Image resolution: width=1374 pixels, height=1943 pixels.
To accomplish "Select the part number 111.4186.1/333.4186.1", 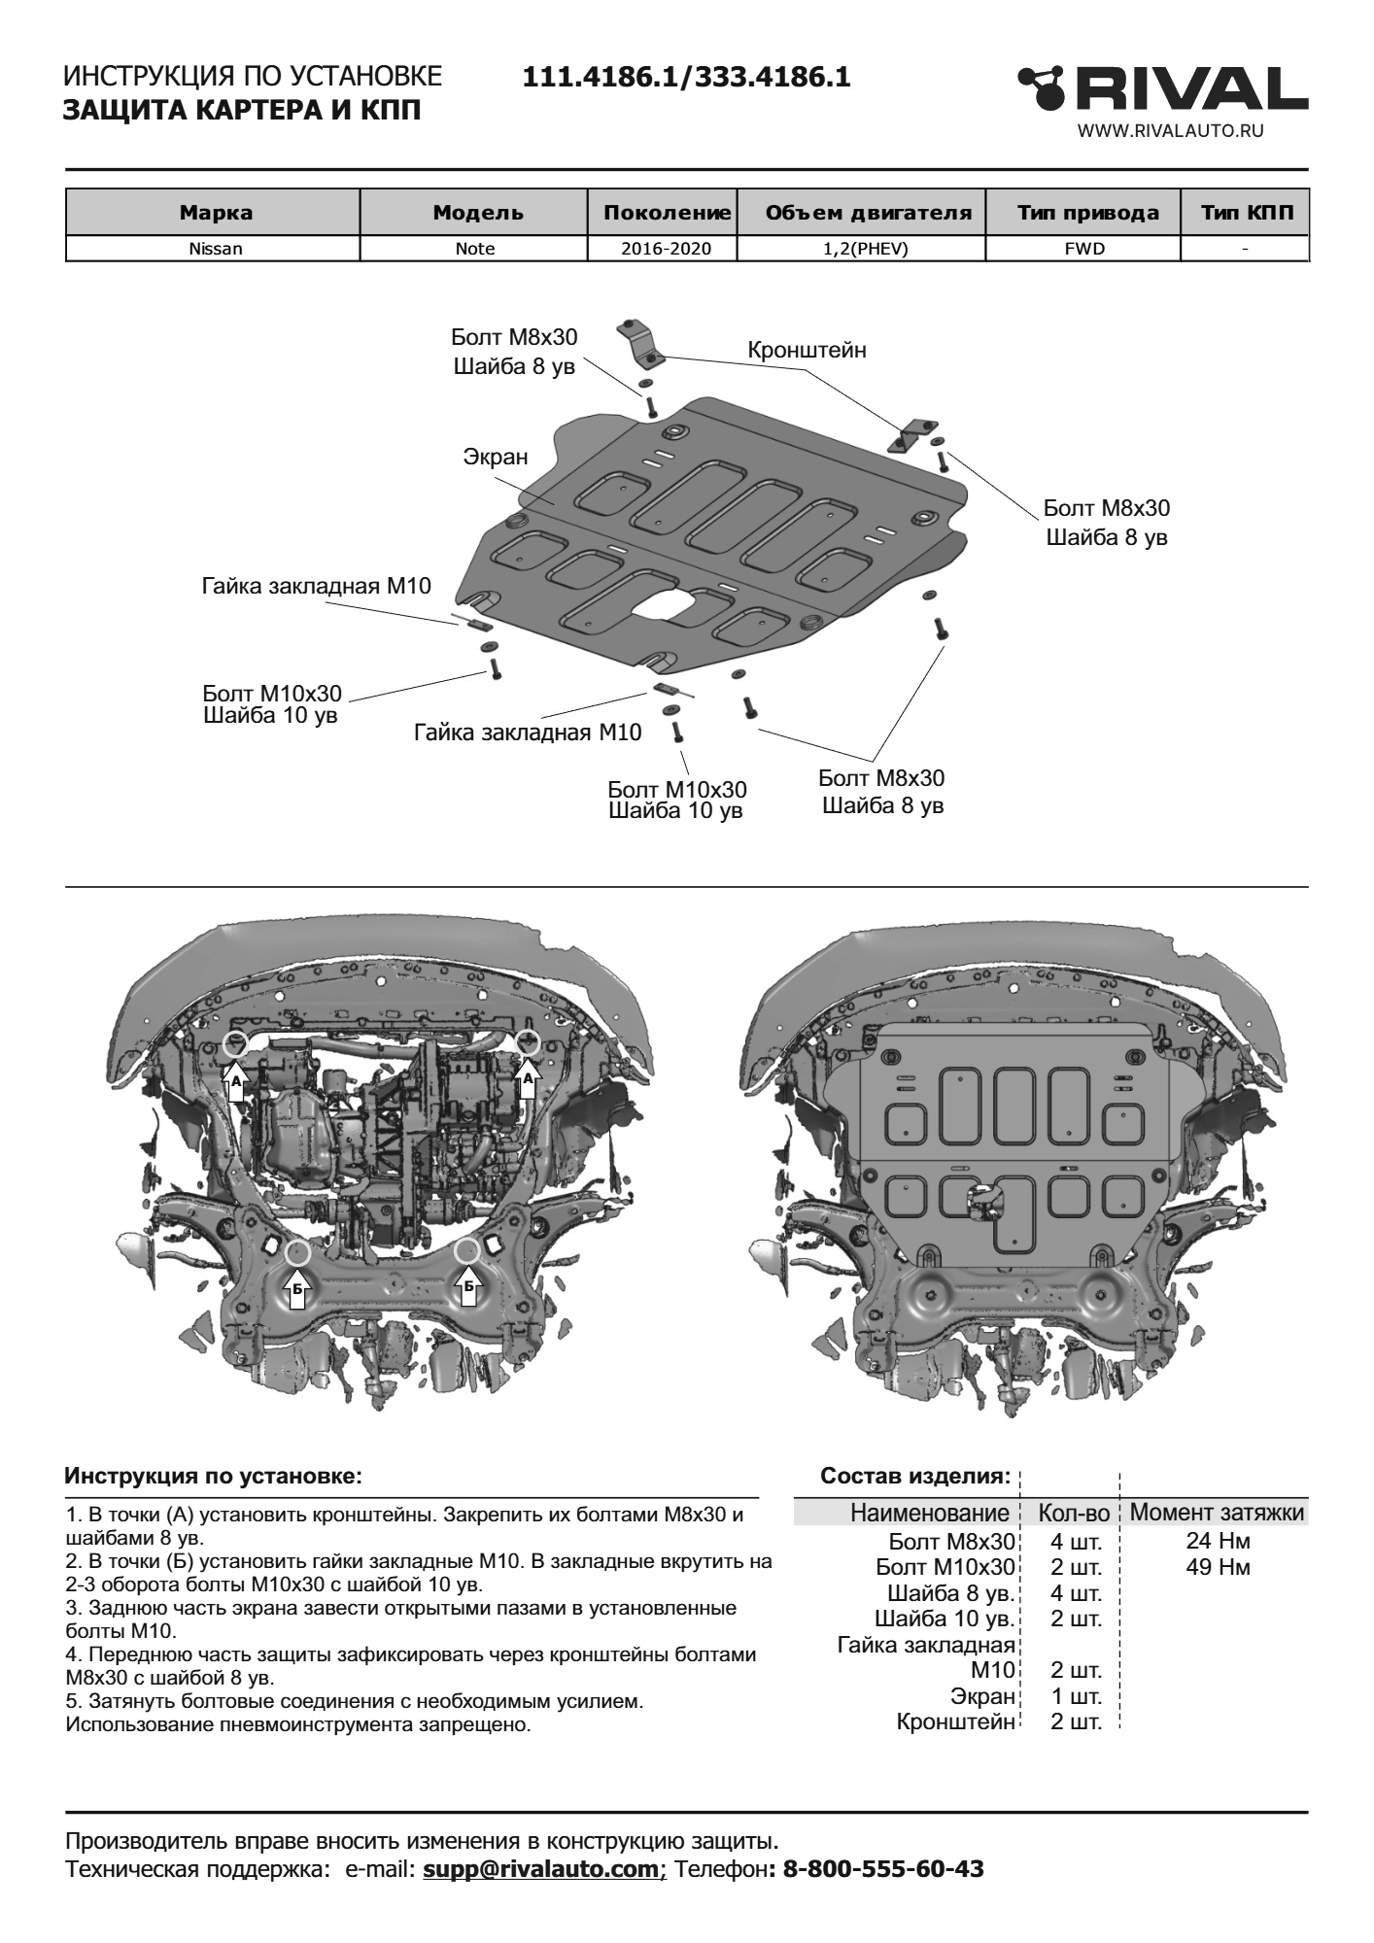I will click(687, 78).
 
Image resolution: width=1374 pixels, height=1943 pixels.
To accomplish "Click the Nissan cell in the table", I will click(215, 249).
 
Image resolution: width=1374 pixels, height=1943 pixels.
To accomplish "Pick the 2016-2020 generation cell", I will click(666, 249).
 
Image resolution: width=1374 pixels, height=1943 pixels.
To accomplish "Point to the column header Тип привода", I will click(1087, 213).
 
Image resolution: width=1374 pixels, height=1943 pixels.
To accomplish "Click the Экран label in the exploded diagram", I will click(495, 456).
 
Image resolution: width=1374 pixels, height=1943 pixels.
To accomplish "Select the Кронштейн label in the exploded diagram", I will click(807, 350).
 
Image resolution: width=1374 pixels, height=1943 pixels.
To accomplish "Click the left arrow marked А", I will click(235, 1080).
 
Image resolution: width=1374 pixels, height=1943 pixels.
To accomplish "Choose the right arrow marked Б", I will click(468, 1286).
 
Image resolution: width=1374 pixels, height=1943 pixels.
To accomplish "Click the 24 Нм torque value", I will click(1218, 1541).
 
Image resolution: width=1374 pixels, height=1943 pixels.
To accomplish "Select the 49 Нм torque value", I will click(1218, 1567).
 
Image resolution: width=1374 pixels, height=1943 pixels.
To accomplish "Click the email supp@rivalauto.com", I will click(541, 1869).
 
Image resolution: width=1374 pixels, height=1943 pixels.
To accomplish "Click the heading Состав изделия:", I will click(915, 1477).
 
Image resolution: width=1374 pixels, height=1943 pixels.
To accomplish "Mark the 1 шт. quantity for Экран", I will click(1076, 1697).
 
